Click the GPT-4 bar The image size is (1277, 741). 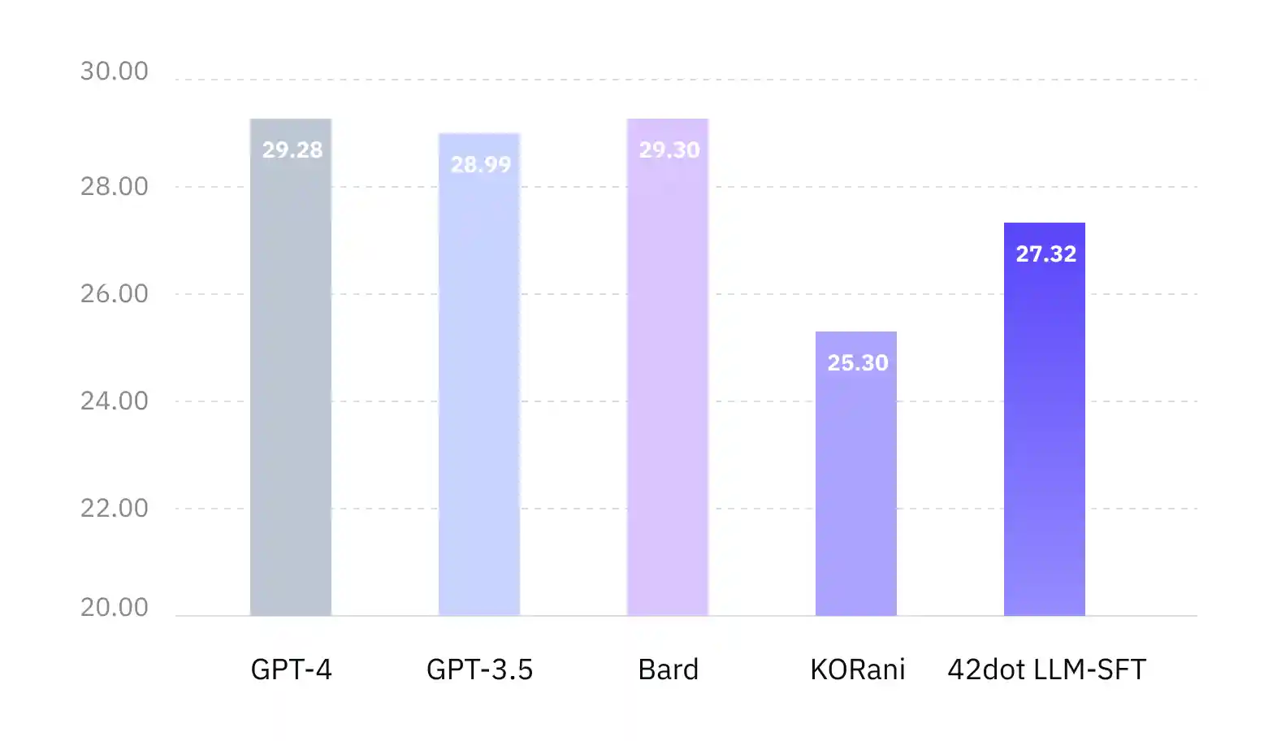(291, 382)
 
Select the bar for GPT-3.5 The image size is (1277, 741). (479, 390)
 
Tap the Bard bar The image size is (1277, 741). (668, 382)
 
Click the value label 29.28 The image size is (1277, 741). (292, 150)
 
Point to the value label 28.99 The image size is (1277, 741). (481, 165)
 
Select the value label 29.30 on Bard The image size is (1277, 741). (669, 150)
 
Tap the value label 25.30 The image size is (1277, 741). (858, 363)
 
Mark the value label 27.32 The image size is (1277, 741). (1046, 254)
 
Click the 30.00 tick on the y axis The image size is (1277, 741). (115, 71)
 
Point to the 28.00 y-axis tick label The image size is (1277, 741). (115, 187)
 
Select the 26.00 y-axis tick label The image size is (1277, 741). (115, 294)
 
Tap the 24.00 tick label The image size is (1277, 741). (115, 401)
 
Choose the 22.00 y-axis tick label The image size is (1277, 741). (115, 509)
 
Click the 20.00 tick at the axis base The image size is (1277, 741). (115, 608)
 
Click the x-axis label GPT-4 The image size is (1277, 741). (292, 669)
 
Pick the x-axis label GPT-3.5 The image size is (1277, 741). (480, 669)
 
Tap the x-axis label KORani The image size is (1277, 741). (858, 669)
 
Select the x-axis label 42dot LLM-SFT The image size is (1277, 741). (1047, 669)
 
